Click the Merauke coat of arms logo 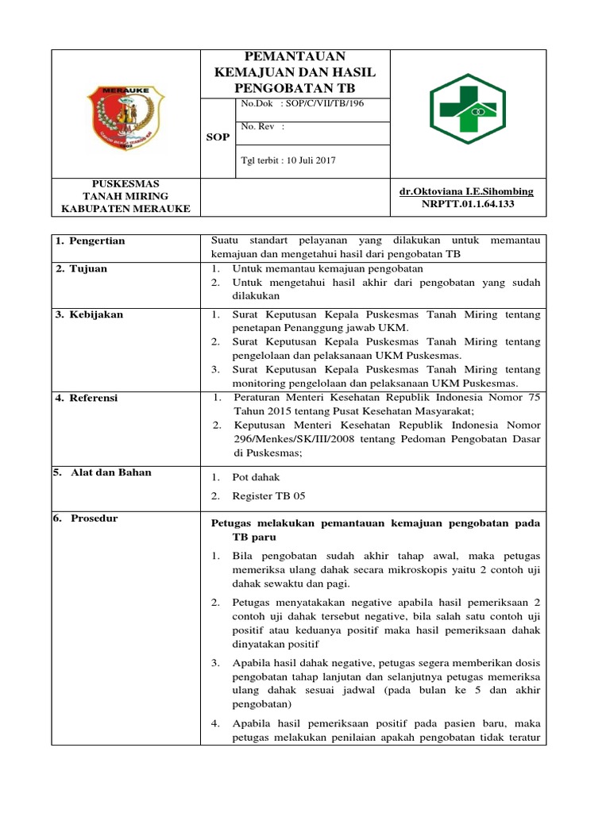(125, 114)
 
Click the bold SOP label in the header (217, 137)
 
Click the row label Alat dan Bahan (106, 472)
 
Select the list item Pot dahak (256, 477)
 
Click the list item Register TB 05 (268, 496)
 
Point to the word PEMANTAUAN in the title (295, 56)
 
